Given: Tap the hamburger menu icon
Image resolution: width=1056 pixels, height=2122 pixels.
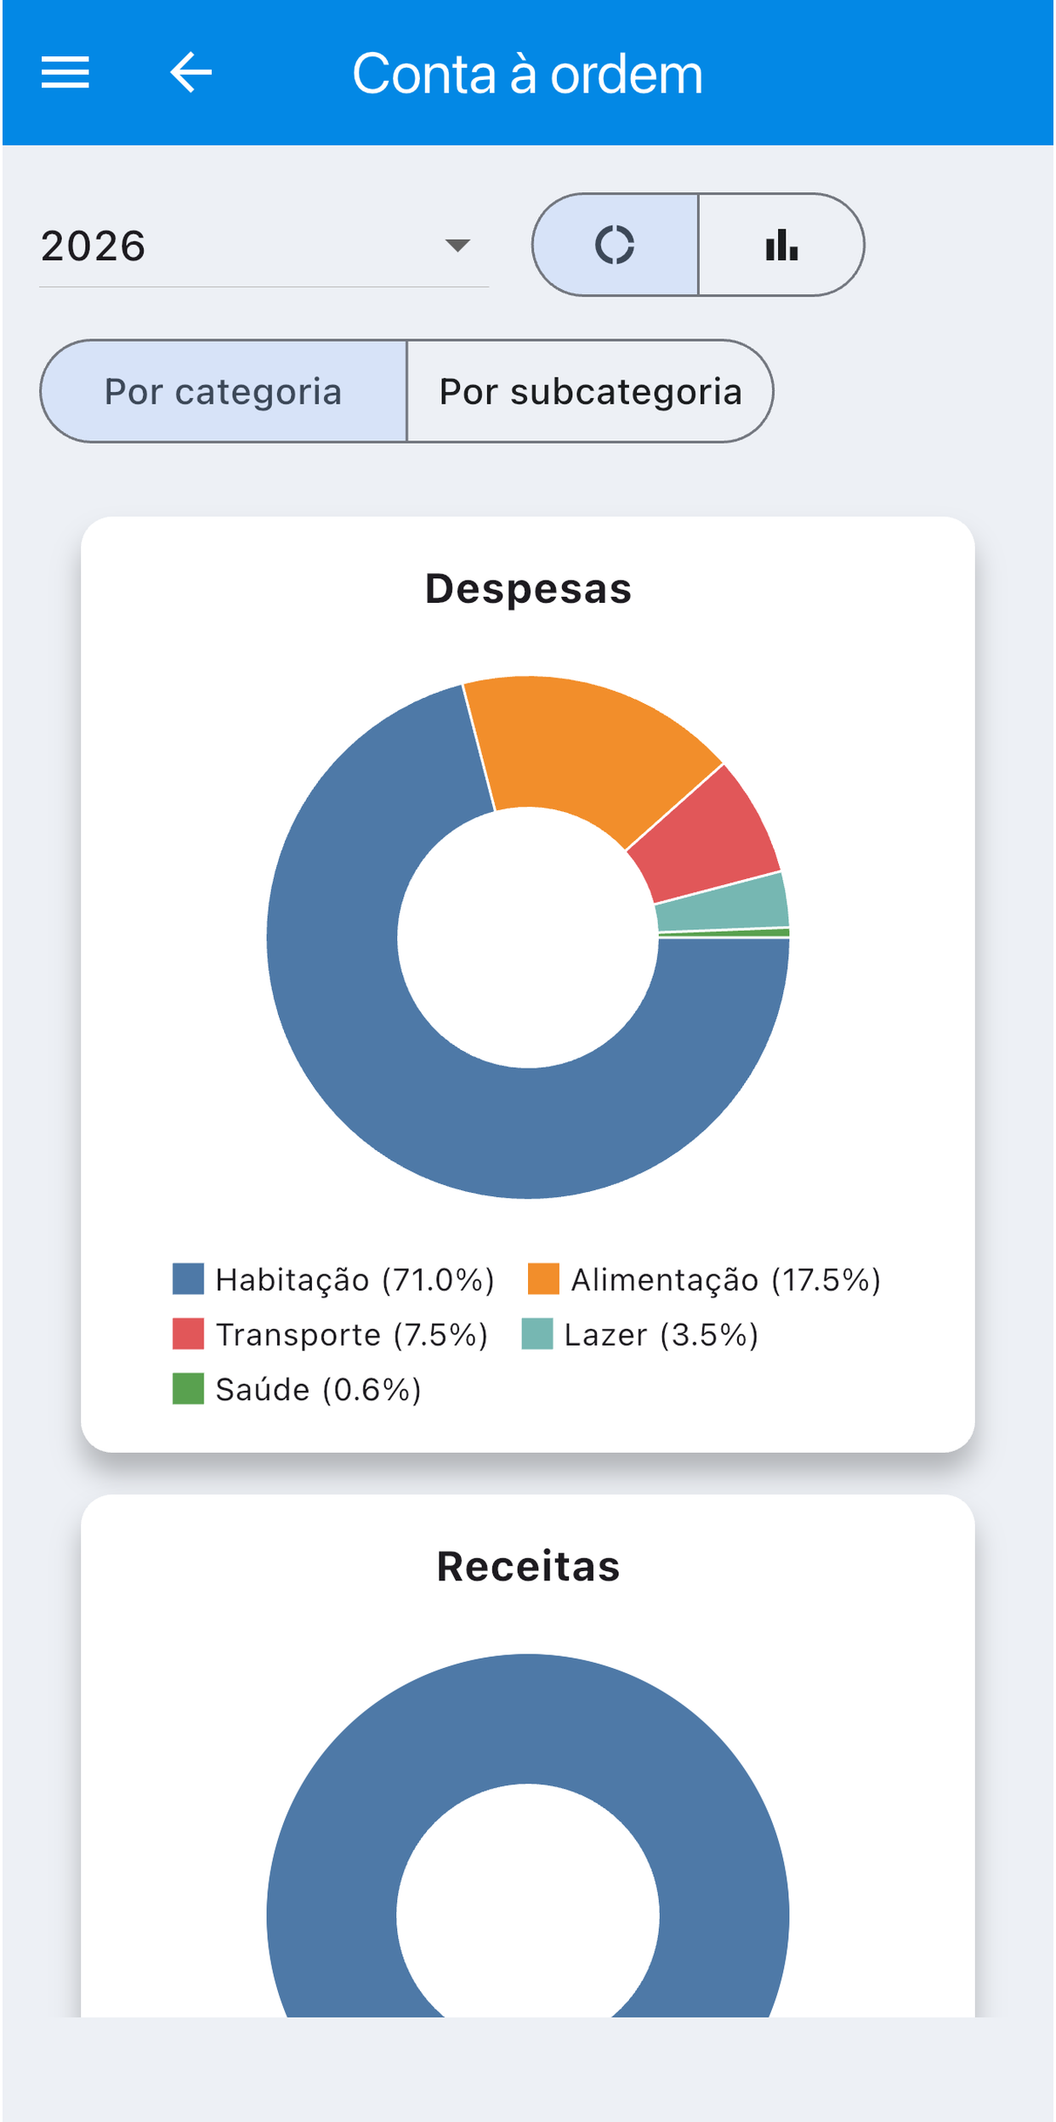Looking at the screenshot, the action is pyautogui.click(x=65, y=72).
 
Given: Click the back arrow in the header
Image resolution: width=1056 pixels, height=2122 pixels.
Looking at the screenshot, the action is pyautogui.click(x=190, y=72).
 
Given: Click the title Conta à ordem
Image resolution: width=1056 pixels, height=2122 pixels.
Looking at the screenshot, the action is pyautogui.click(x=528, y=74).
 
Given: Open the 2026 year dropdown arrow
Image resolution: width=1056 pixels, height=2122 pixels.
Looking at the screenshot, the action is pyautogui.click(x=457, y=246).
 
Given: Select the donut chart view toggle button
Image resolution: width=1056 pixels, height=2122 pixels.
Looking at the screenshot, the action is pyautogui.click(x=616, y=245).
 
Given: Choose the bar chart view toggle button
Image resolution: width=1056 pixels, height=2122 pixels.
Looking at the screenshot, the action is pyautogui.click(x=781, y=245).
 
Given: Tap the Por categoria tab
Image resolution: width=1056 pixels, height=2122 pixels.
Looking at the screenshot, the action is pyautogui.click(x=224, y=391).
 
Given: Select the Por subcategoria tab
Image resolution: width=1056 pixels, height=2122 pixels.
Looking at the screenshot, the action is pyautogui.click(x=590, y=391).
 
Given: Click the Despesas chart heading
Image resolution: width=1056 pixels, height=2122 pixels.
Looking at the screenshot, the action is pyautogui.click(x=528, y=588).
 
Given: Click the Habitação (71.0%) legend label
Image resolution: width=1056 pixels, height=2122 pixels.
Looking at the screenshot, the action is pyautogui.click(x=355, y=1279).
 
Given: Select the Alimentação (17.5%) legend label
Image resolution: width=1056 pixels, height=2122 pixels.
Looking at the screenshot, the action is pyautogui.click(x=725, y=1279).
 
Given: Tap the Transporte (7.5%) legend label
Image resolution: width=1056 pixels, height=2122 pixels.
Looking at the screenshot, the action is pyautogui.click(x=352, y=1335).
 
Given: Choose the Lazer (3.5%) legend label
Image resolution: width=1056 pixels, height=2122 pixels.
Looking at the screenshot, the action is pyautogui.click(x=661, y=1335).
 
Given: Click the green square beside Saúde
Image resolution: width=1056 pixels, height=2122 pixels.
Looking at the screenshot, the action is pyautogui.click(x=188, y=1389).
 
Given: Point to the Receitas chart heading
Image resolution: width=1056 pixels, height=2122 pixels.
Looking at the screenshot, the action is pyautogui.click(x=528, y=1566).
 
